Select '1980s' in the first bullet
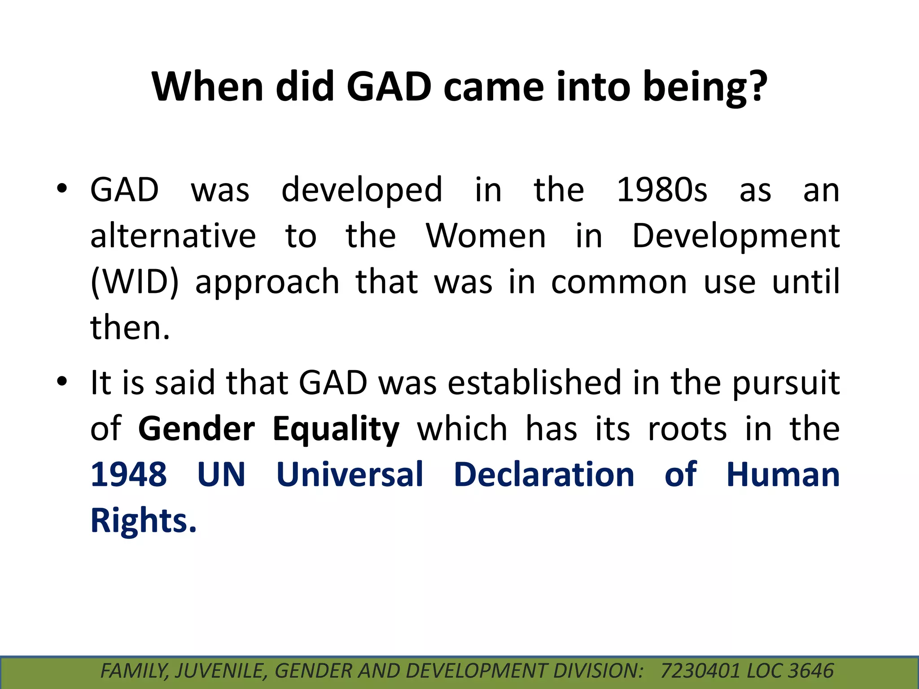[x=662, y=190]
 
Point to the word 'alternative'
[x=173, y=236]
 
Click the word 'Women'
[x=486, y=236]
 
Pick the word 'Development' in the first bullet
[x=736, y=237]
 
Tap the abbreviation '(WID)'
[x=134, y=282]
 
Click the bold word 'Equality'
[x=336, y=430]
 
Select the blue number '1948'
[x=129, y=475]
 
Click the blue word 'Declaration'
[x=544, y=475]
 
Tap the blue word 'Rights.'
[x=144, y=521]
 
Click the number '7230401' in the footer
[x=700, y=671]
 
